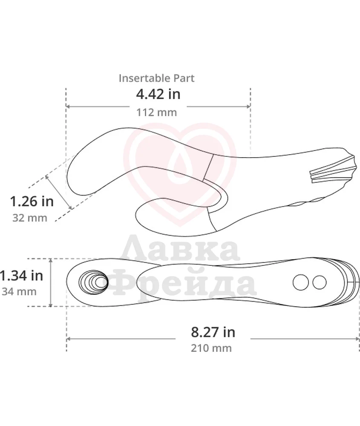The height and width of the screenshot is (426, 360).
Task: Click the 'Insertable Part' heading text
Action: pyautogui.click(x=156, y=78)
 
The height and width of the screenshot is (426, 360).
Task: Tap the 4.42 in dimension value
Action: pyautogui.click(x=158, y=94)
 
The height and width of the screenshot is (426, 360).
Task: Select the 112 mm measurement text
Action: pyautogui.click(x=156, y=112)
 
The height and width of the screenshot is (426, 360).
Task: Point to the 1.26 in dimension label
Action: pyautogui.click(x=32, y=201)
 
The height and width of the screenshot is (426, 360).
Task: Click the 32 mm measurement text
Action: pyautogui.click(x=30, y=218)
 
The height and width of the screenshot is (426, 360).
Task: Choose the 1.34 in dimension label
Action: pyautogui.click(x=21, y=276)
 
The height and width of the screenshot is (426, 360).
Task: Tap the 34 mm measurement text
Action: pyautogui.click(x=19, y=291)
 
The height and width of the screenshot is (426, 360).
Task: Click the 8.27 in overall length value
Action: pyautogui.click(x=213, y=332)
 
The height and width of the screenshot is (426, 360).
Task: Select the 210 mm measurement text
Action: pyautogui.click(x=211, y=348)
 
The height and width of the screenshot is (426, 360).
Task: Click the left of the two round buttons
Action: pyautogui.click(x=301, y=282)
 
